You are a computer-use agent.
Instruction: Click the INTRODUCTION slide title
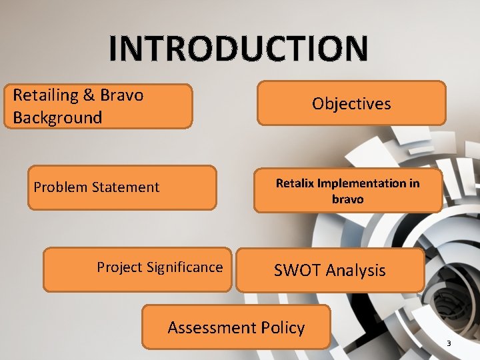[x=238, y=49]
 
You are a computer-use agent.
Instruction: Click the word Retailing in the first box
[x=45, y=95]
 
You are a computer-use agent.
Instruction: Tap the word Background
[x=57, y=118]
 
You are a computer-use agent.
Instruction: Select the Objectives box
[x=351, y=103]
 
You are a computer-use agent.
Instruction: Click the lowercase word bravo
[x=347, y=199]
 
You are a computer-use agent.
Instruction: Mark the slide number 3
[x=449, y=343]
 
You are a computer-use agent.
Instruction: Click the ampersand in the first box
[x=89, y=95]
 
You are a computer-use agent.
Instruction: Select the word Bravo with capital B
[x=122, y=95]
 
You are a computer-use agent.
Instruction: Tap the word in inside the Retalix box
[x=413, y=183]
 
